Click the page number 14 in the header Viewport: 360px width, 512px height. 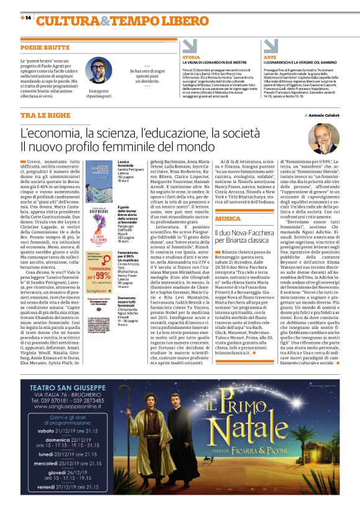[x=28, y=19]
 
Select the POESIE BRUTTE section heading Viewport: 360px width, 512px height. [x=45, y=47]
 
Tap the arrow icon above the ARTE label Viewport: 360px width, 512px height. [x=269, y=46]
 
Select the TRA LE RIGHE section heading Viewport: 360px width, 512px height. [x=46, y=116]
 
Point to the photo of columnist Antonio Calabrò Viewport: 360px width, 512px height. [x=323, y=138]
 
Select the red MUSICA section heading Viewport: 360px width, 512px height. [x=227, y=218]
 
